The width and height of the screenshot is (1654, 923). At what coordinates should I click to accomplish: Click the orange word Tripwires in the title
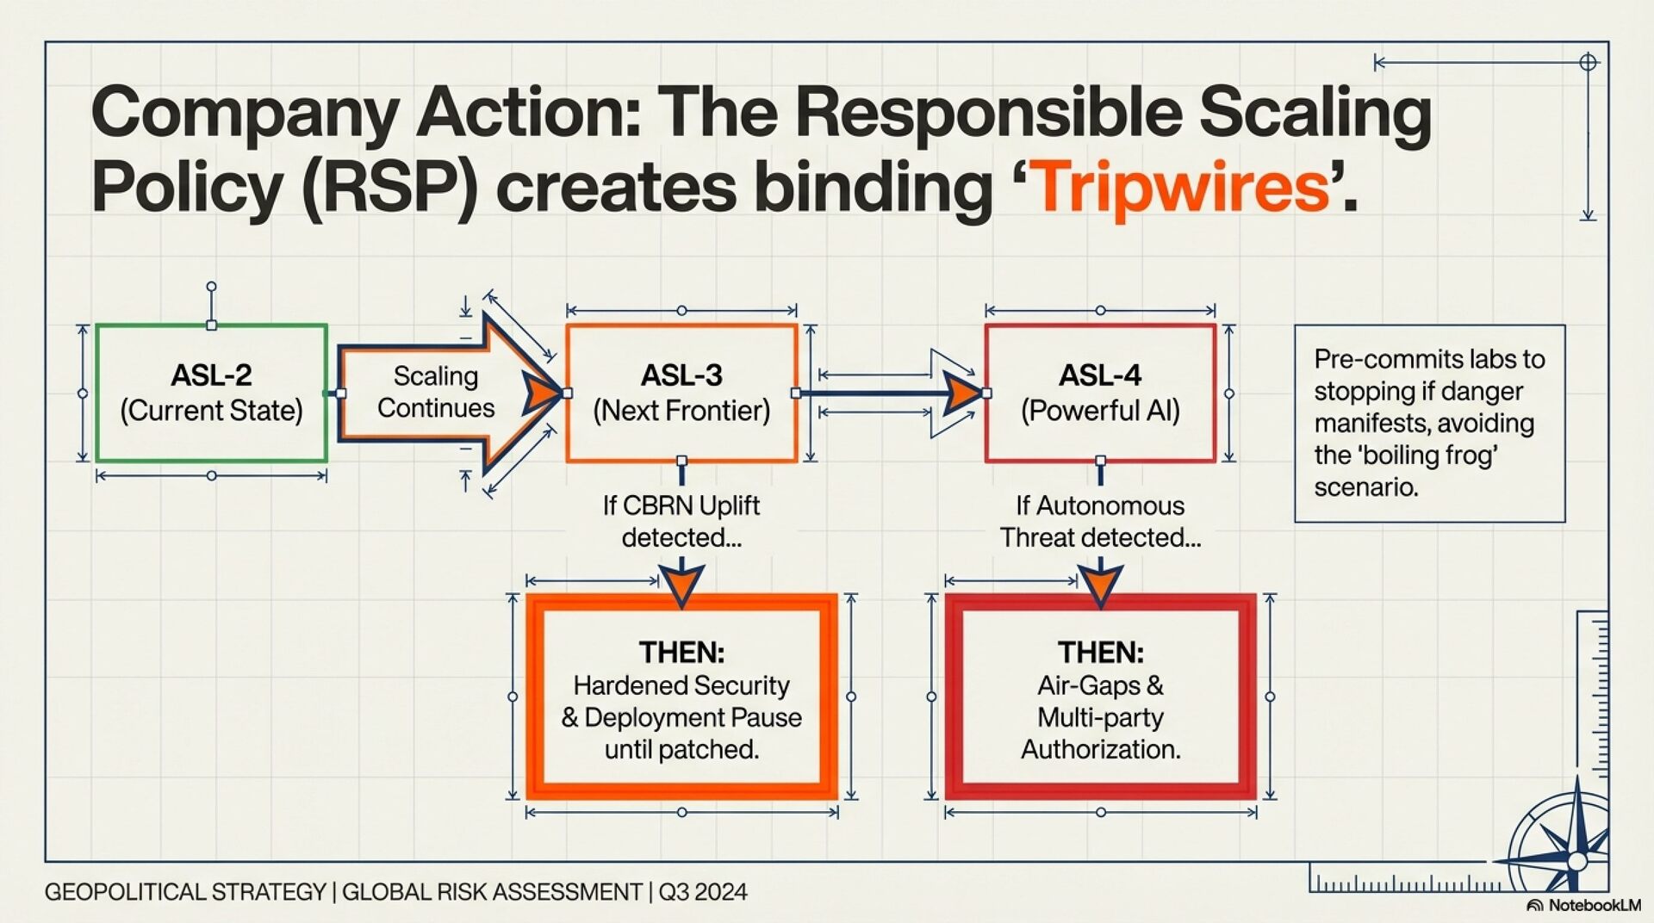(x=1180, y=187)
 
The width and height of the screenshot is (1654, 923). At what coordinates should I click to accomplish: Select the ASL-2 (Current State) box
(x=211, y=393)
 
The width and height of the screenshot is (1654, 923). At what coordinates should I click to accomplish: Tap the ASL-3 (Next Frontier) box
(x=681, y=393)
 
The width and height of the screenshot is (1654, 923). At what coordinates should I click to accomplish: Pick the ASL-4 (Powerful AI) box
(x=1100, y=393)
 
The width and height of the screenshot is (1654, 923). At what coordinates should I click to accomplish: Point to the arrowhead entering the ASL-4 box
(x=964, y=393)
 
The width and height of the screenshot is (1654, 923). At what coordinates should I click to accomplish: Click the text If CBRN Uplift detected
(x=681, y=521)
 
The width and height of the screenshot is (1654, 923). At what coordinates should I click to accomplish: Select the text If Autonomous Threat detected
(x=1100, y=521)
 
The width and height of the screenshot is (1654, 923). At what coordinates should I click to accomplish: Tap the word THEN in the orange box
(x=681, y=652)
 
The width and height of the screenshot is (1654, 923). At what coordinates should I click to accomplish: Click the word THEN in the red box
(x=1100, y=652)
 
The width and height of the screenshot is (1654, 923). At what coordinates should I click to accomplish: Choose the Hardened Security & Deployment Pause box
(x=681, y=697)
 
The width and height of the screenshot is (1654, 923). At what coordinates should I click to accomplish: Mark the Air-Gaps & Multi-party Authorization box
(x=1100, y=697)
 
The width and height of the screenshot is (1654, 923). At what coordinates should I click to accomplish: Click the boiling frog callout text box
(x=1429, y=423)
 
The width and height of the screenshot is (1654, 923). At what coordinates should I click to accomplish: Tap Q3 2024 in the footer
(x=703, y=892)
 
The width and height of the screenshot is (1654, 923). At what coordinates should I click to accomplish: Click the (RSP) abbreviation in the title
(x=389, y=187)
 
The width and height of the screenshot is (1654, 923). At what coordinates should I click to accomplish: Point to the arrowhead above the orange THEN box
(x=681, y=584)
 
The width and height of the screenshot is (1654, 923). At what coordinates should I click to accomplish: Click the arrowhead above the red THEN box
(x=1100, y=584)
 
